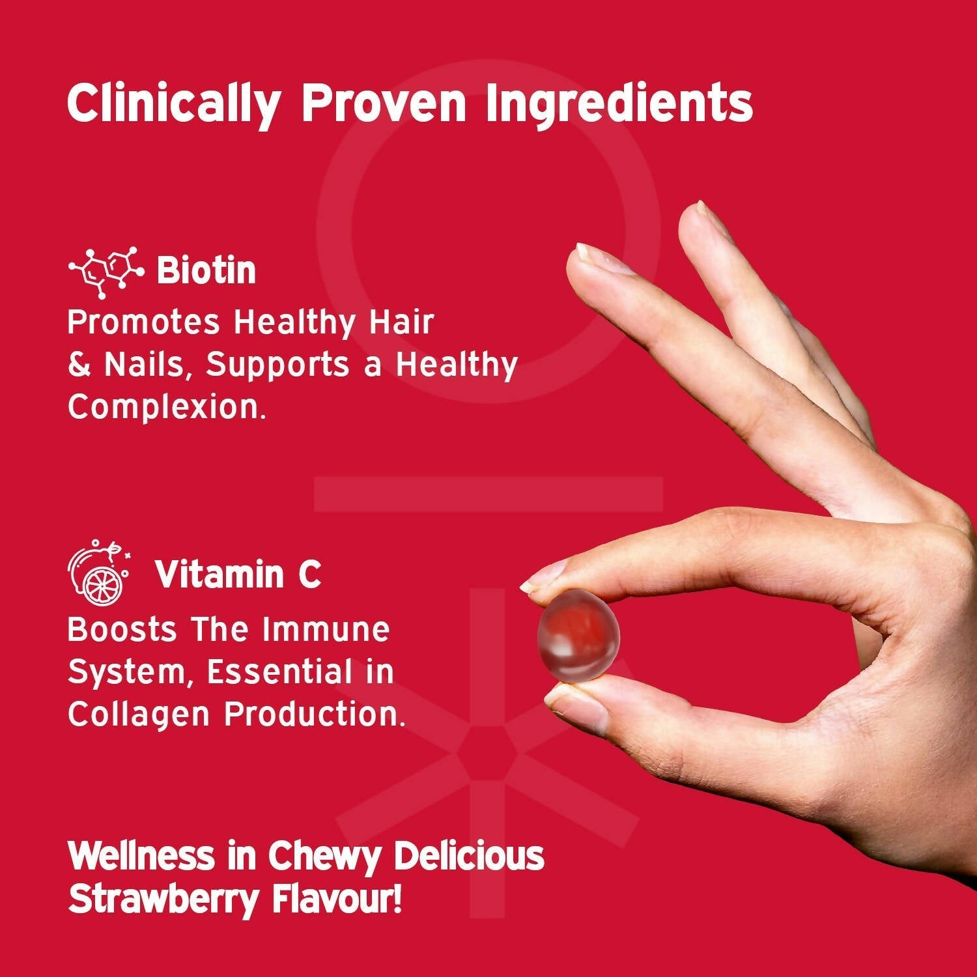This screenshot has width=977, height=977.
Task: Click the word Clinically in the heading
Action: coord(173,103)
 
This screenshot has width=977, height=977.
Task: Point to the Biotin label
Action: coord(206,271)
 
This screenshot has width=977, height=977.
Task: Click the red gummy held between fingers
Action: coord(578,637)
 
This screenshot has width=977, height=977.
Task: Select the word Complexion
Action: coord(167,407)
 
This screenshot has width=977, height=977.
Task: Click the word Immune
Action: coord(326,630)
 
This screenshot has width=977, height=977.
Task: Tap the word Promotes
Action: coord(143,322)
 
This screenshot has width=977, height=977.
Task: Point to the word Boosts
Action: coord(122,630)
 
